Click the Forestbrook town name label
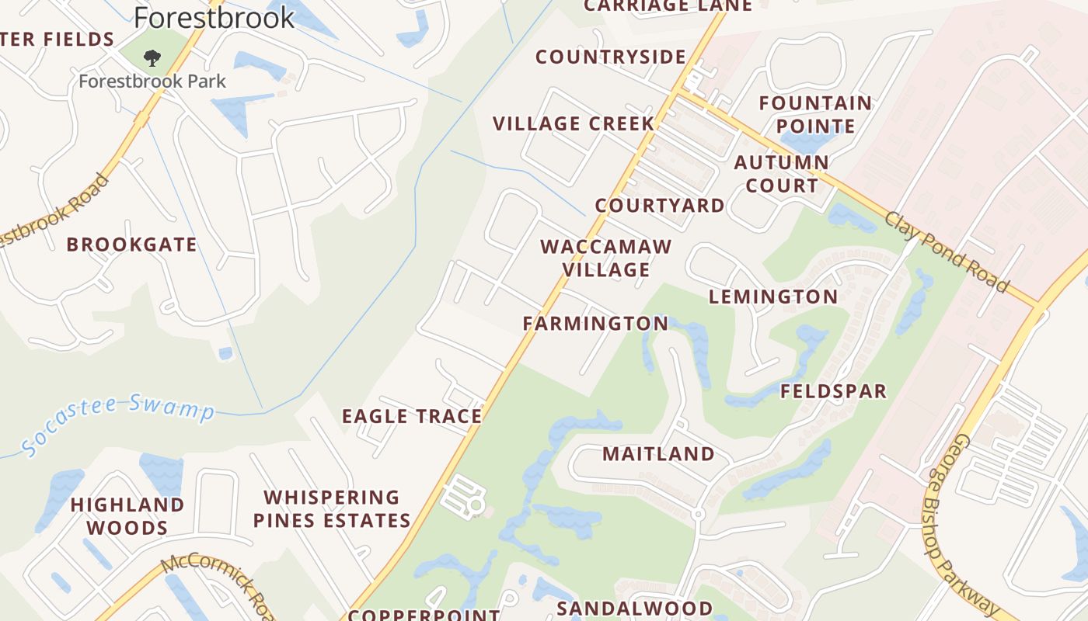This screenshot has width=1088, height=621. (214, 17)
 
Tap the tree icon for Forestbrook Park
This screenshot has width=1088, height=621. (152, 57)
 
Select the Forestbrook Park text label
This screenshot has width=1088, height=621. (152, 81)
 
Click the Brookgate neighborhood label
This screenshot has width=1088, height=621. (131, 245)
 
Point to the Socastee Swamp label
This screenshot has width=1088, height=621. (117, 423)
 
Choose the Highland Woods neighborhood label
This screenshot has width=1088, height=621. (127, 516)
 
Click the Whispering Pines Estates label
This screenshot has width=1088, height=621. (332, 508)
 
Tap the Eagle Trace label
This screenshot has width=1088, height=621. (412, 416)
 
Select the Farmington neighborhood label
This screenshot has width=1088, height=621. (595, 323)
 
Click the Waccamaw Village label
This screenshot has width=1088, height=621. (606, 258)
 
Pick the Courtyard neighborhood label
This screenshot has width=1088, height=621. (660, 205)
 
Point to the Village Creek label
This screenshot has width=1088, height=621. (574, 123)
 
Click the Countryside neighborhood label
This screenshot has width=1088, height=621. (611, 57)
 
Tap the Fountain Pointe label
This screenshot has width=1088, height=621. (815, 114)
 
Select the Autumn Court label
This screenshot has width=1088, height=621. (781, 174)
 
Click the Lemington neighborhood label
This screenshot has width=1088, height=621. (773, 296)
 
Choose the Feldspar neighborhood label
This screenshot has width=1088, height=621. (833, 390)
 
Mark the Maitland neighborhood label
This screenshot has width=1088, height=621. (658, 453)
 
